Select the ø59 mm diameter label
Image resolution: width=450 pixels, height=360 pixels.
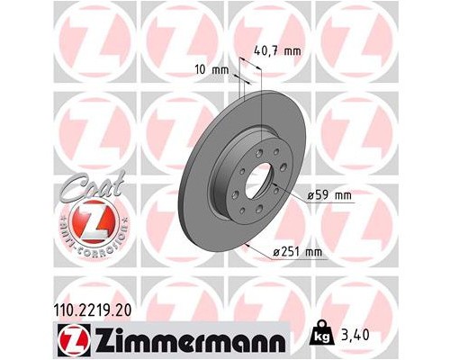(328, 195)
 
